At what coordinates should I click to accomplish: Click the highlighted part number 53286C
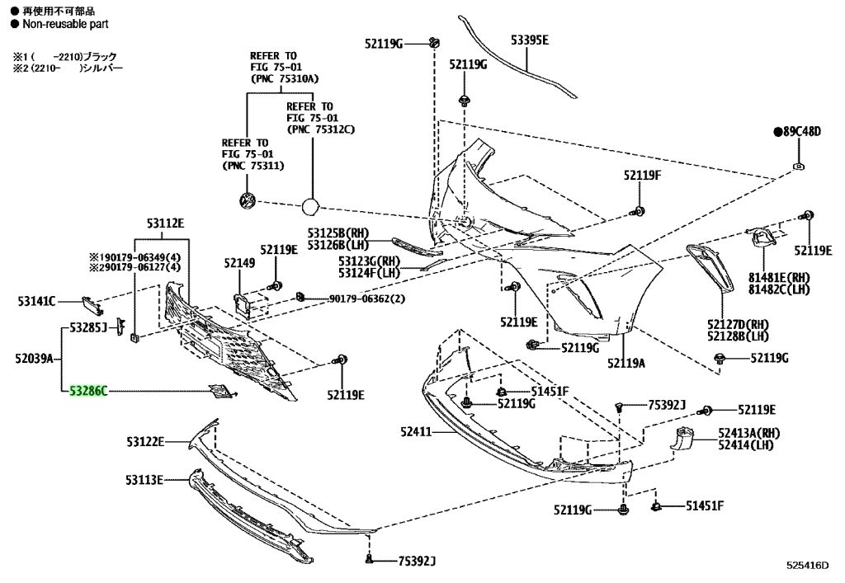click(88, 391)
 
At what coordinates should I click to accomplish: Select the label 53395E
click(530, 40)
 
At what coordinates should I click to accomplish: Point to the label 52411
click(416, 431)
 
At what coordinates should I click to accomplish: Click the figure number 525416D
click(807, 565)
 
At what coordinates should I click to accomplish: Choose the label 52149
click(240, 263)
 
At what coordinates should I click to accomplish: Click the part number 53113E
click(144, 479)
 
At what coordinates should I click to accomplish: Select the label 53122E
click(145, 441)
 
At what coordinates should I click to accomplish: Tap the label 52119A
click(626, 363)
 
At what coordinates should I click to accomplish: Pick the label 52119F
click(642, 175)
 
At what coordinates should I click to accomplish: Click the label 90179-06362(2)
click(367, 299)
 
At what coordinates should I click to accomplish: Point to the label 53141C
click(36, 302)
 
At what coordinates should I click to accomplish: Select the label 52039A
click(34, 358)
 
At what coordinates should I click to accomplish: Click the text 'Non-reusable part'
click(65, 24)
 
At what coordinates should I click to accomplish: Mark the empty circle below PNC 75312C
click(310, 206)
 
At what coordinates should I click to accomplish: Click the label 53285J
click(89, 327)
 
